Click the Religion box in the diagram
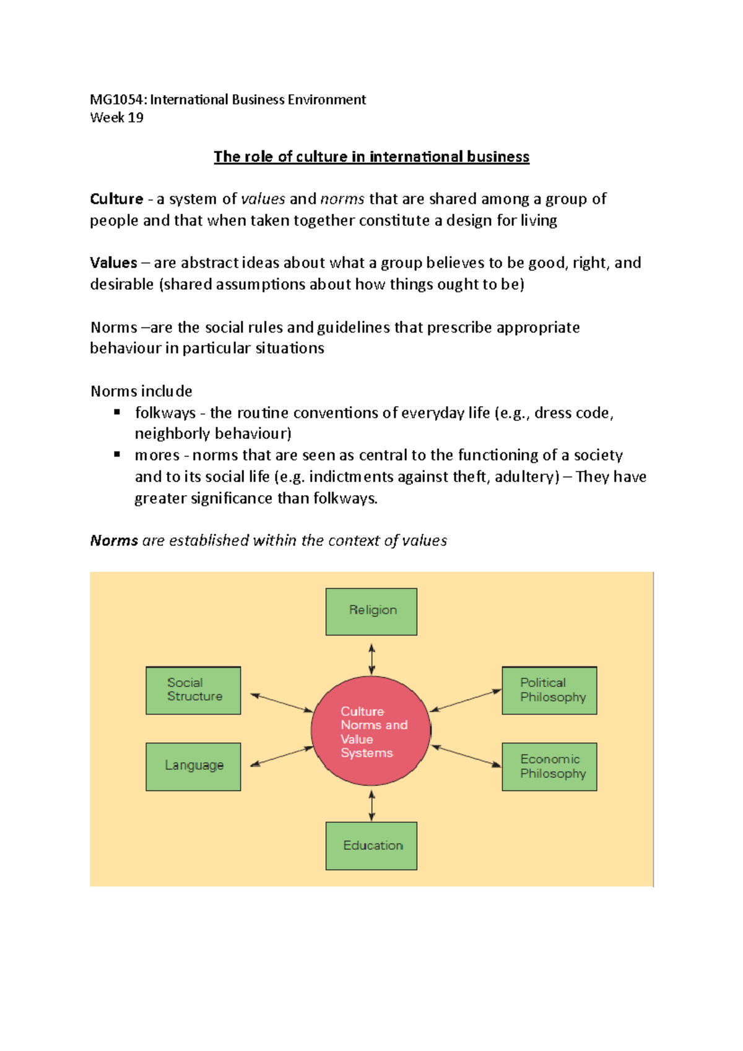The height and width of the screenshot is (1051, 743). click(371, 612)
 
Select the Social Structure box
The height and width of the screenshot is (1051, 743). click(193, 690)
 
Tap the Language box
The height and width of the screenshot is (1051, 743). click(193, 766)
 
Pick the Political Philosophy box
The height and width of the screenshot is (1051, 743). click(549, 690)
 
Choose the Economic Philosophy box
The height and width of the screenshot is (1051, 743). click(549, 766)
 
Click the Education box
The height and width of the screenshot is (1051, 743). click(371, 846)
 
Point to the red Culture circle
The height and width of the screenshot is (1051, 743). click(371, 731)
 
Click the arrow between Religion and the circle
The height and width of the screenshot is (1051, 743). click(371, 659)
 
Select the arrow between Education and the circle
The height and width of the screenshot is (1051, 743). click(371, 805)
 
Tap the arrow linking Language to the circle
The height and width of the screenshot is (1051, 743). click(282, 757)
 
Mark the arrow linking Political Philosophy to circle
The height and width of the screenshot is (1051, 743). click(466, 700)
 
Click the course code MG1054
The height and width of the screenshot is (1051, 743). click(117, 100)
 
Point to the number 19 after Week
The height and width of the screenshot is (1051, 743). click(136, 118)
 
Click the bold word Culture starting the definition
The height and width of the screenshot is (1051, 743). click(116, 199)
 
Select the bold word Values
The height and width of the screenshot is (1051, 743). click(113, 262)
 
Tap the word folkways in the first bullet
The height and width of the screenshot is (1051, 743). click(165, 413)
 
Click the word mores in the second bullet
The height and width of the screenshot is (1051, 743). click(157, 456)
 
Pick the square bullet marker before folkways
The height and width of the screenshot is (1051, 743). click(117, 412)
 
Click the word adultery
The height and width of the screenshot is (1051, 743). click(524, 477)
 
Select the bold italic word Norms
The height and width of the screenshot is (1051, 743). click(114, 540)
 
